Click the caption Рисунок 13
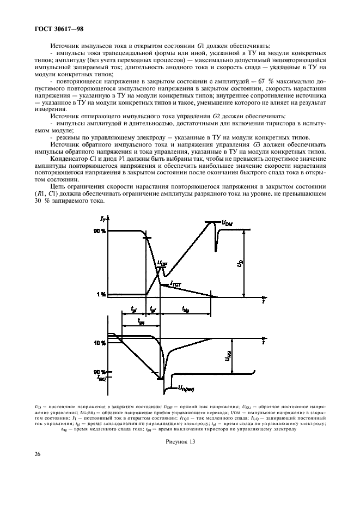coord(180,441)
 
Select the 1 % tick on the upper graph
coord(101,294)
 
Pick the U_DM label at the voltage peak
coord(227,222)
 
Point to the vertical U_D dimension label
coord(240,264)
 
